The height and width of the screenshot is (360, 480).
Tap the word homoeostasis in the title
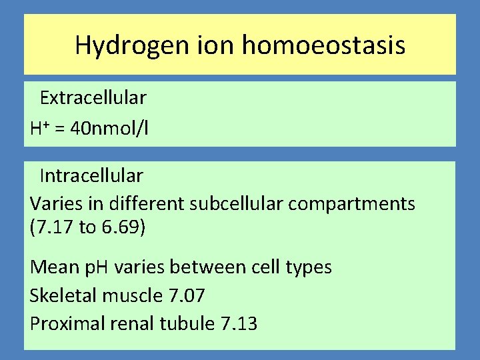tap(323, 45)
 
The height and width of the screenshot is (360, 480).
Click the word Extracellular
tap(93, 98)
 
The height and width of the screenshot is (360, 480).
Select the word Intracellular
tap(91, 176)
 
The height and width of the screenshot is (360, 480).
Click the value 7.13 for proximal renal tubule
tap(239, 323)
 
